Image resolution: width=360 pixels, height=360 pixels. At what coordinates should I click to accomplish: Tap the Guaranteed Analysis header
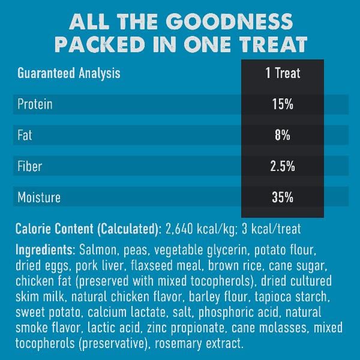click(69, 74)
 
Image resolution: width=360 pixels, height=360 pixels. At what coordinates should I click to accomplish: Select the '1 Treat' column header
click(283, 74)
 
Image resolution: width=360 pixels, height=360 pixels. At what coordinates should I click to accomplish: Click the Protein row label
click(35, 104)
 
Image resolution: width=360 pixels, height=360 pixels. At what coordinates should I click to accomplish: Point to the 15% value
click(283, 104)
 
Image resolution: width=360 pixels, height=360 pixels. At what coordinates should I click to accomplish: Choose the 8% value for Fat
click(283, 136)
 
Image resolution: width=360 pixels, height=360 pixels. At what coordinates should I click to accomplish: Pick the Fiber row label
click(30, 166)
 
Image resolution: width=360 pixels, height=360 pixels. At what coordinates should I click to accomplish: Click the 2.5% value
click(283, 166)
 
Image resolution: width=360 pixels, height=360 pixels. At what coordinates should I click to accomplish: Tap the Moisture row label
click(39, 197)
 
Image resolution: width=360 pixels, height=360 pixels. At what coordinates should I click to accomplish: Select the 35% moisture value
click(283, 197)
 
